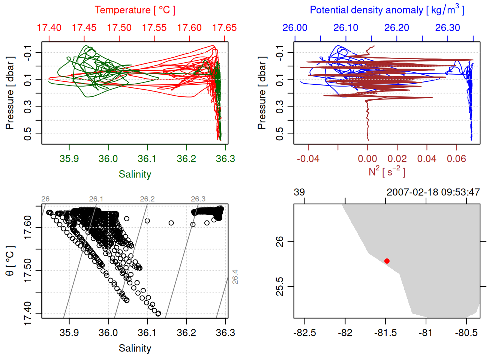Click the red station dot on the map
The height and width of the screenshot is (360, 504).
pos(387,261)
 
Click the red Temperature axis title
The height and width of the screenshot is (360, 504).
pos(135,10)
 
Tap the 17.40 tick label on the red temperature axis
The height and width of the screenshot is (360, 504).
pos(49,28)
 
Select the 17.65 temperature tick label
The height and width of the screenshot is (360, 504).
pos(224,28)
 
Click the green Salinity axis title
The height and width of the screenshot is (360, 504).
pos(135,174)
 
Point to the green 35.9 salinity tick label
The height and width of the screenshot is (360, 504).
pos(69,159)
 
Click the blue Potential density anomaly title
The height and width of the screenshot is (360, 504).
pos(387,10)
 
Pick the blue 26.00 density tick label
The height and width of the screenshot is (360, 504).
pos(295,28)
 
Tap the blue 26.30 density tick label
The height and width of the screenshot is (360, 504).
pos(447,28)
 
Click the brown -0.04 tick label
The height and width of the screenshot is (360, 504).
pos(308,159)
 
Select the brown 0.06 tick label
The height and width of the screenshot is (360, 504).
pos(456,159)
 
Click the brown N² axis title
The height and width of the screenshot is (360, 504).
pos(387,171)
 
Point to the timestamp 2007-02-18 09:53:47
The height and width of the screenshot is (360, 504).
pos(433,192)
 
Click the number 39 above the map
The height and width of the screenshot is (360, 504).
pos(299,192)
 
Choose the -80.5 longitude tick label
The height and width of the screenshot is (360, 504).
pos(466,333)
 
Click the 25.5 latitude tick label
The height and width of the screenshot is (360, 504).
pos(280,287)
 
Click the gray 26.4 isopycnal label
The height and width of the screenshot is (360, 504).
pos(235,277)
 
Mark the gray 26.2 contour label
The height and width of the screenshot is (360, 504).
pos(147,199)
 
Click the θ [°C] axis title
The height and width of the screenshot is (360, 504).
pos(10,261)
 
